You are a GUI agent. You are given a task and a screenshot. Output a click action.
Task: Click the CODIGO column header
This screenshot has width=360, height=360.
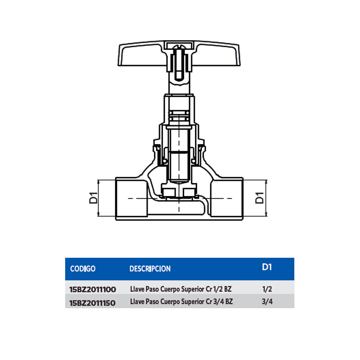(83, 269)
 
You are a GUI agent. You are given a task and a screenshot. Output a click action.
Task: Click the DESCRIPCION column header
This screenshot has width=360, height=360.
(150, 269)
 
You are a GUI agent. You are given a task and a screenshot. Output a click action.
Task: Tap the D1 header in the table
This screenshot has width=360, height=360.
(266, 267)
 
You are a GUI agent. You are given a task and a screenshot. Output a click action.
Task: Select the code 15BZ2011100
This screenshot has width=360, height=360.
(92, 289)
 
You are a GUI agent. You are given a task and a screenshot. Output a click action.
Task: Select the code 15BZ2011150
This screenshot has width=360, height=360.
(92, 303)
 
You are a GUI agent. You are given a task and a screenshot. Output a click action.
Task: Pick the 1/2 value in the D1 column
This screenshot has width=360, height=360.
(267, 289)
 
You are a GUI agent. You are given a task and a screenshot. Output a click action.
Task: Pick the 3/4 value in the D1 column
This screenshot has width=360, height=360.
(267, 302)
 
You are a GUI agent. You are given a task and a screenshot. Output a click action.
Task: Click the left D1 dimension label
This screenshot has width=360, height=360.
(93, 198)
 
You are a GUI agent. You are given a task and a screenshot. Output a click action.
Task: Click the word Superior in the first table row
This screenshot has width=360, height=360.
(193, 289)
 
